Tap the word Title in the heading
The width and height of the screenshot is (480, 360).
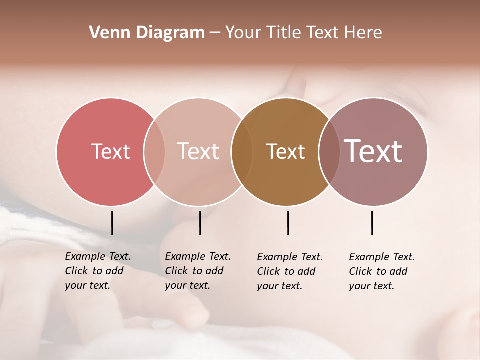pos(284,33)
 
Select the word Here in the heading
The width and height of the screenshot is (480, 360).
pos(363,33)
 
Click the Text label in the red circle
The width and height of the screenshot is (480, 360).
pos(110,151)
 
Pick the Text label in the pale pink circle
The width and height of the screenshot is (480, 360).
pos(198,151)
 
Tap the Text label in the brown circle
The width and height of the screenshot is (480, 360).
pos(285,151)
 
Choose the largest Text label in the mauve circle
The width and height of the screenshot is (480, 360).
pos(373,151)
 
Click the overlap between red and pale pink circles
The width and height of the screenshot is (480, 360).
pos(154,151)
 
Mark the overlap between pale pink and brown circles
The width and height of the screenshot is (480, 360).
pos(242,151)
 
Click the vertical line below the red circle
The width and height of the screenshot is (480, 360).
pos(112,223)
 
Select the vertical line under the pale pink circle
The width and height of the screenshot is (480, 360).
pos(200,223)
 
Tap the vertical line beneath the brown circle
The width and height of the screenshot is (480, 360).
pos(288,223)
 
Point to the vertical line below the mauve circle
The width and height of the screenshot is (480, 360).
pos(372,223)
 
